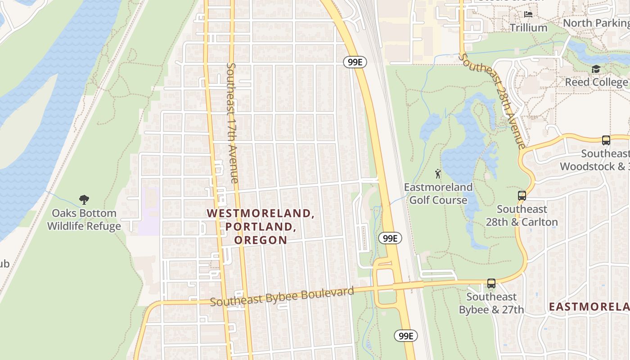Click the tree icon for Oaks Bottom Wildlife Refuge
click(x=84, y=199)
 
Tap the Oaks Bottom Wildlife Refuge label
click(x=84, y=220)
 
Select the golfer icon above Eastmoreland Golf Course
click(x=438, y=173)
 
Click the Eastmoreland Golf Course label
click(x=438, y=193)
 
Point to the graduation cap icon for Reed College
click(x=596, y=69)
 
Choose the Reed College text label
click(x=596, y=82)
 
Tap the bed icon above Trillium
click(x=528, y=14)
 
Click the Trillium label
click(x=528, y=28)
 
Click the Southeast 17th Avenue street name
click(x=232, y=122)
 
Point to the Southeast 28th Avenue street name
click(x=492, y=101)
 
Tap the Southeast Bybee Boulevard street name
click(x=282, y=297)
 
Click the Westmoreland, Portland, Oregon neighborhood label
click(x=261, y=226)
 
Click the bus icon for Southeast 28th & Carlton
click(x=522, y=196)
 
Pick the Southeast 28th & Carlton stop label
click(x=522, y=216)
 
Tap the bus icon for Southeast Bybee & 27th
click(x=491, y=283)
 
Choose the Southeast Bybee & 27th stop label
click(x=491, y=303)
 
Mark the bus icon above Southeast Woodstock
click(x=606, y=140)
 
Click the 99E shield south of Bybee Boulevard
click(x=406, y=336)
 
